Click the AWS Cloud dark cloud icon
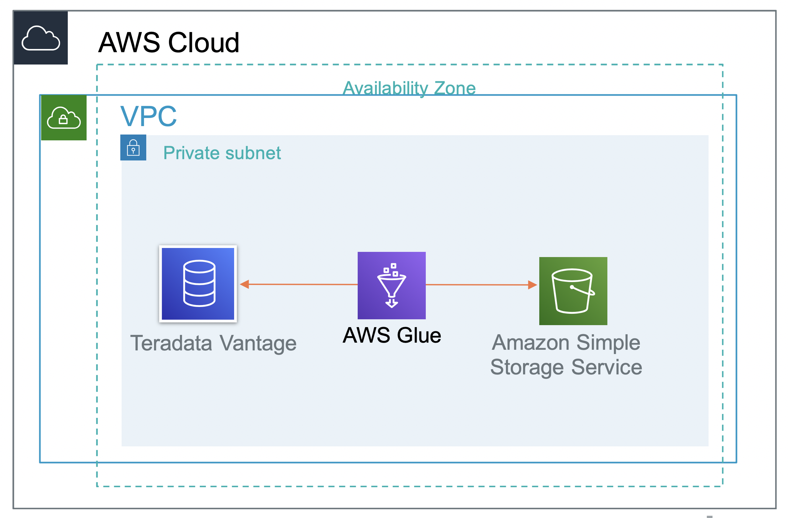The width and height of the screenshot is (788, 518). point(41,38)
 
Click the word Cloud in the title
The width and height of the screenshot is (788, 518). point(204,43)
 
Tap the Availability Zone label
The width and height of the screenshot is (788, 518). point(409,88)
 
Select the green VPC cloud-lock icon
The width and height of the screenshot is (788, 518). point(64,118)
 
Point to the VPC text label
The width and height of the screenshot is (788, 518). point(148,116)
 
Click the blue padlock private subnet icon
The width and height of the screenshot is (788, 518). point(133,147)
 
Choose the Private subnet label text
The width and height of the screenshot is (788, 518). point(222,153)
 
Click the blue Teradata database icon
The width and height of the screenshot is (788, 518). point(198,284)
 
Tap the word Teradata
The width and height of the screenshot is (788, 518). point(171,343)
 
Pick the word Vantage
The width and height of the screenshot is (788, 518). point(258,344)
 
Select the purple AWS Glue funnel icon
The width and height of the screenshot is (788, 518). point(391,285)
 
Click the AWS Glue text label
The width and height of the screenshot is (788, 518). point(392,335)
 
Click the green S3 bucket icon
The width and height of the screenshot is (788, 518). point(573,291)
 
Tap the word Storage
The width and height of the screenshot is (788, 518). point(527,367)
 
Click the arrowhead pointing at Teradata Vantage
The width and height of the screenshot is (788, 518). point(245,284)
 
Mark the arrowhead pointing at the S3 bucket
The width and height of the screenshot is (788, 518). point(532,285)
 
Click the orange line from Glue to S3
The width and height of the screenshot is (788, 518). point(477,285)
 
